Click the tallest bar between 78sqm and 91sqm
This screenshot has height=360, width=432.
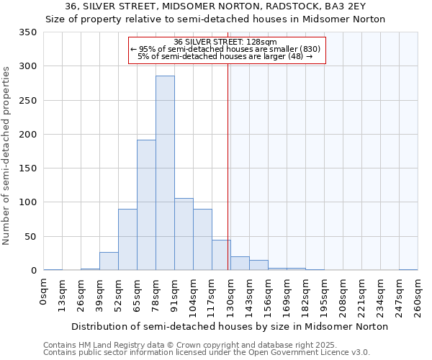[x=165, y=173]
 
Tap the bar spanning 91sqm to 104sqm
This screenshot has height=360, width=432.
[x=184, y=234]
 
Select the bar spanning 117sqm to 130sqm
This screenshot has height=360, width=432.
[x=221, y=255]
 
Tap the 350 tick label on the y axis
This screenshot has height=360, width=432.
[x=27, y=32]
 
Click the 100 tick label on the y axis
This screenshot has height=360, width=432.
[x=27, y=202]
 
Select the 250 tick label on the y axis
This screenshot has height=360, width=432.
[x=27, y=100]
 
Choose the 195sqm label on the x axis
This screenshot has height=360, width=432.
[x=325, y=296]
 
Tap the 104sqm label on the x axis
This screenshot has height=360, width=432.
[x=194, y=296]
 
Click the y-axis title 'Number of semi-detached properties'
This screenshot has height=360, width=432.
[x=6, y=156]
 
